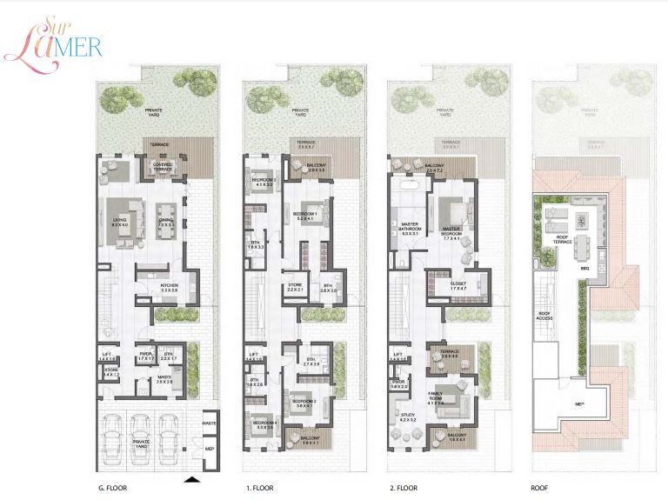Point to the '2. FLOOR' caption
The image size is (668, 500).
[x=403, y=489]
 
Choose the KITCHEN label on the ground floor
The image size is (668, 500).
[x=169, y=286]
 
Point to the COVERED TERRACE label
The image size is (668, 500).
[x=163, y=164]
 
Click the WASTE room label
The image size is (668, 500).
[x=209, y=423]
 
